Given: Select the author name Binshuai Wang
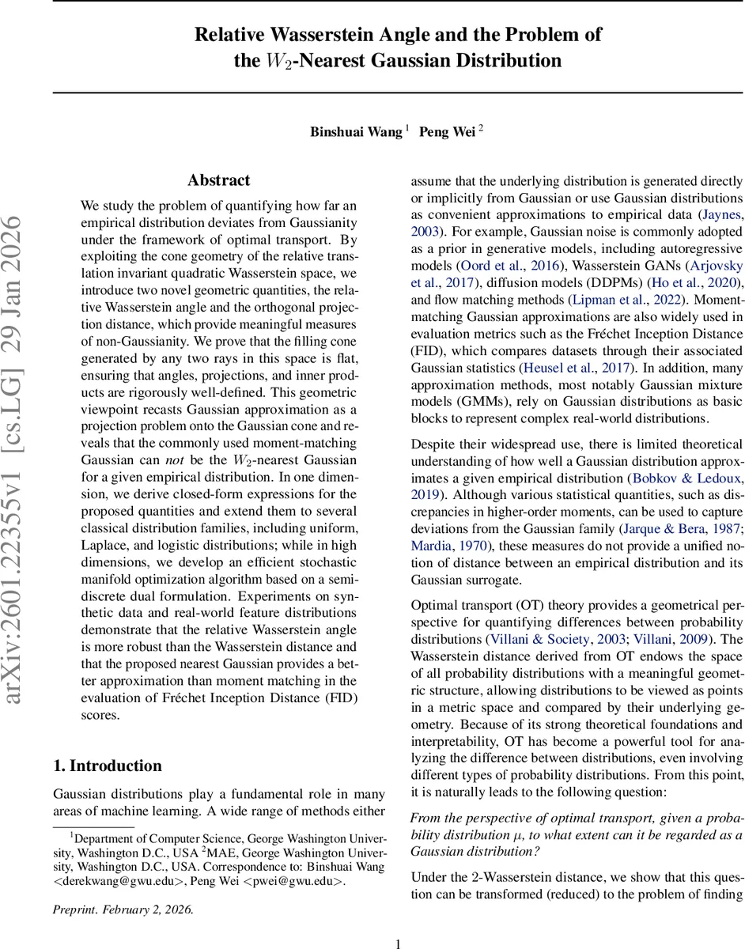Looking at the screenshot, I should click(356, 132).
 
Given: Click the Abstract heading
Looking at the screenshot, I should click(219, 180).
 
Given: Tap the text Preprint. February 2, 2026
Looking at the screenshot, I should click(123, 887).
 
